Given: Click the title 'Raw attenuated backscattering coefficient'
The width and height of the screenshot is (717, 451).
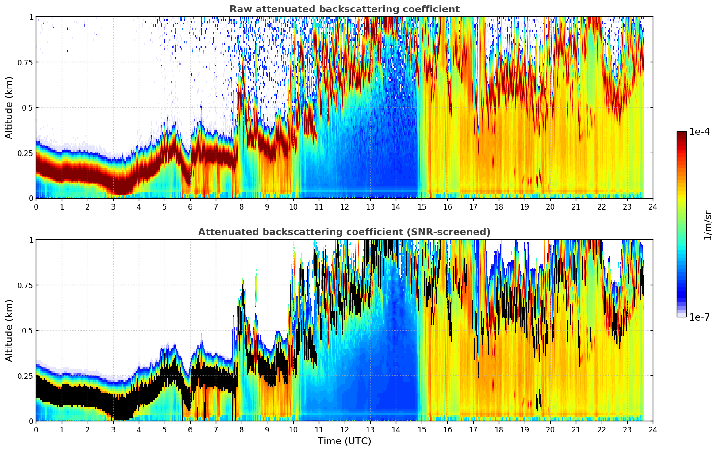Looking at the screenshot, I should coord(344,9).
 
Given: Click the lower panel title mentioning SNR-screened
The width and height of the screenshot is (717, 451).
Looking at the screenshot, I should coord(344,232).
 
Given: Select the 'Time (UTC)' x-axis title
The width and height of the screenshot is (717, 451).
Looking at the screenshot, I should coord(344,441).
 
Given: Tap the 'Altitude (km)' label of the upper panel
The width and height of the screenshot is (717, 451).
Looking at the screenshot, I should coord(9,107).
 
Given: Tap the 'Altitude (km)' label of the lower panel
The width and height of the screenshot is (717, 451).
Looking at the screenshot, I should coord(9,330).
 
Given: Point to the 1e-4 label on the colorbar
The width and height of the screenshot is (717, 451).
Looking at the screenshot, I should coord(699,132).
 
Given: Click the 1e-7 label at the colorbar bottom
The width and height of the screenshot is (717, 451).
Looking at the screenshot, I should coord(699,317).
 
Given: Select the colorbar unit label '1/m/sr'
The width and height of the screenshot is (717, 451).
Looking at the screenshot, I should coord(708,225).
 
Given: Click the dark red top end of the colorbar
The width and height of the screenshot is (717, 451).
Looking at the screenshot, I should coord(682,133).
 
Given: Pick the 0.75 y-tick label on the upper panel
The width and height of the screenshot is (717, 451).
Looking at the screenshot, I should coord(25,62).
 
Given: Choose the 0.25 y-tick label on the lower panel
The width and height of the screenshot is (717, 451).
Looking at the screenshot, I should coord(25,376).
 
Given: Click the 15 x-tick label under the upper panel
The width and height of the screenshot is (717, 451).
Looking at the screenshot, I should coord(422,206).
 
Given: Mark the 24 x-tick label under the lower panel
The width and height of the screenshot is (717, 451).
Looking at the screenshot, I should coord(653,429).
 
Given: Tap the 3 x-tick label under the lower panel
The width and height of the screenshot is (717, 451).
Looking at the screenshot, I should coord(113,429).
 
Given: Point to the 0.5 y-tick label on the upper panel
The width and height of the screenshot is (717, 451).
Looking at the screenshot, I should coord(27,108).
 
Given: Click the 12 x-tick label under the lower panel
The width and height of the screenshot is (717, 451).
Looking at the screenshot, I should coord(345,429).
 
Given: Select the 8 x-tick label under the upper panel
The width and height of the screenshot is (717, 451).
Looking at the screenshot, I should coord(242,206).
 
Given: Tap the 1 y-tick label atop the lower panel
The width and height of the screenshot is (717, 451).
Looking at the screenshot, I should coord(31,240).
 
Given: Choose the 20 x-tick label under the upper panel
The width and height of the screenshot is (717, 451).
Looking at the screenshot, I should coord(550,206).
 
